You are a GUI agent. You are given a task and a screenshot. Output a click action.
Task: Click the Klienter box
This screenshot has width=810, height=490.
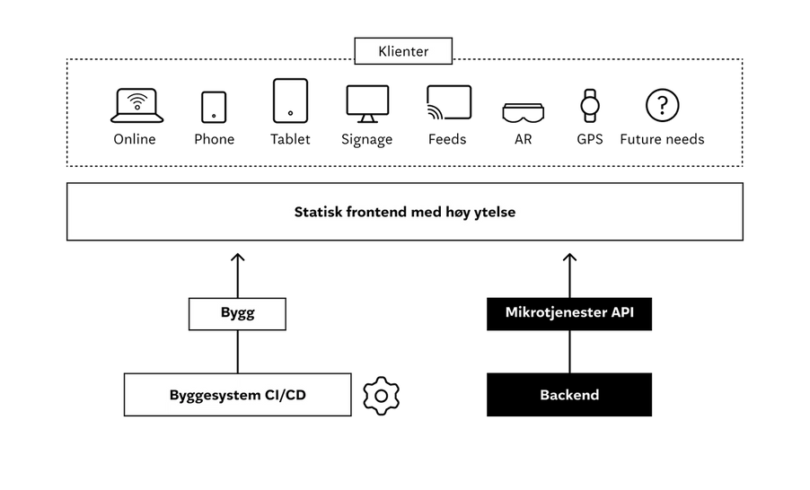coord(403,51)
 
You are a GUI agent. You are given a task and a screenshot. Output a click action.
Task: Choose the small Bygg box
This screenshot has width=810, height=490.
coord(237,314)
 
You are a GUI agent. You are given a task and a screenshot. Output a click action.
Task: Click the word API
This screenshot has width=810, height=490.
coord(623,313)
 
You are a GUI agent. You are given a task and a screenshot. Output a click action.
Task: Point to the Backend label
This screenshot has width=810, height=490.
coord(569,395)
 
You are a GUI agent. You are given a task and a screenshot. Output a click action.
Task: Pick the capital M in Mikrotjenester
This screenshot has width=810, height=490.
coord(512,313)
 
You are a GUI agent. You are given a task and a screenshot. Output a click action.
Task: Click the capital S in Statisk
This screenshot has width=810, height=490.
coord(299,213)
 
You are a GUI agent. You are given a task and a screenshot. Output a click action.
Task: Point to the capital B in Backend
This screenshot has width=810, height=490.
coord(544,395)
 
